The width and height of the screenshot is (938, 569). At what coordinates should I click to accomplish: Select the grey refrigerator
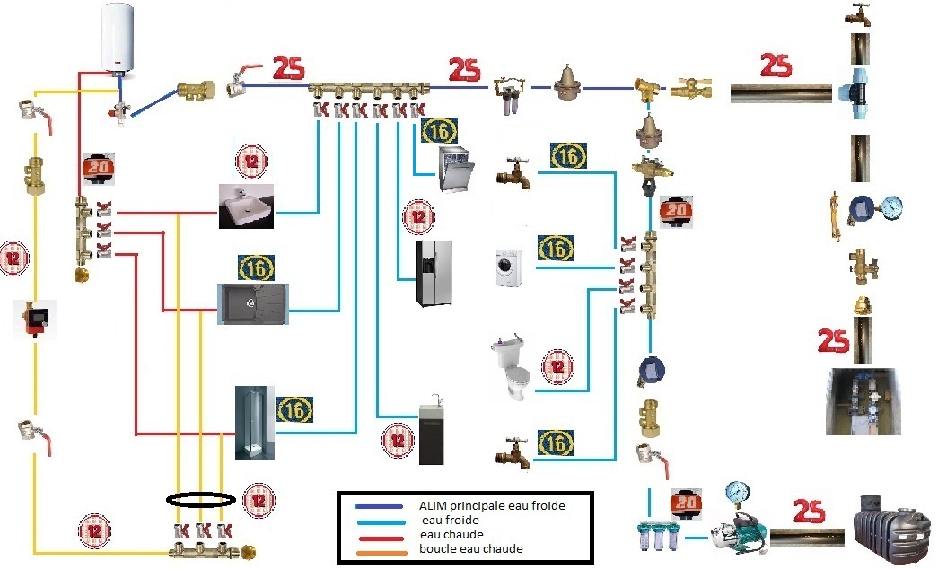434,273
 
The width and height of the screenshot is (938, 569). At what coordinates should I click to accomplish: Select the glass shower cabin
252,422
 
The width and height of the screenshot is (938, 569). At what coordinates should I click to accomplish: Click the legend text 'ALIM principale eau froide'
492,505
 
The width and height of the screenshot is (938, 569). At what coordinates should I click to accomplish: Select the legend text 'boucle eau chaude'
471,548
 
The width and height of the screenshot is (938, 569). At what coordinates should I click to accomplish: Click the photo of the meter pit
863,401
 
